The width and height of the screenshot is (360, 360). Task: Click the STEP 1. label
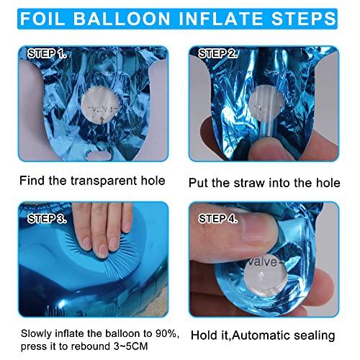[46, 53]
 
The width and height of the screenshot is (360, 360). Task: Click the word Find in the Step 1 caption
[32, 180]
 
